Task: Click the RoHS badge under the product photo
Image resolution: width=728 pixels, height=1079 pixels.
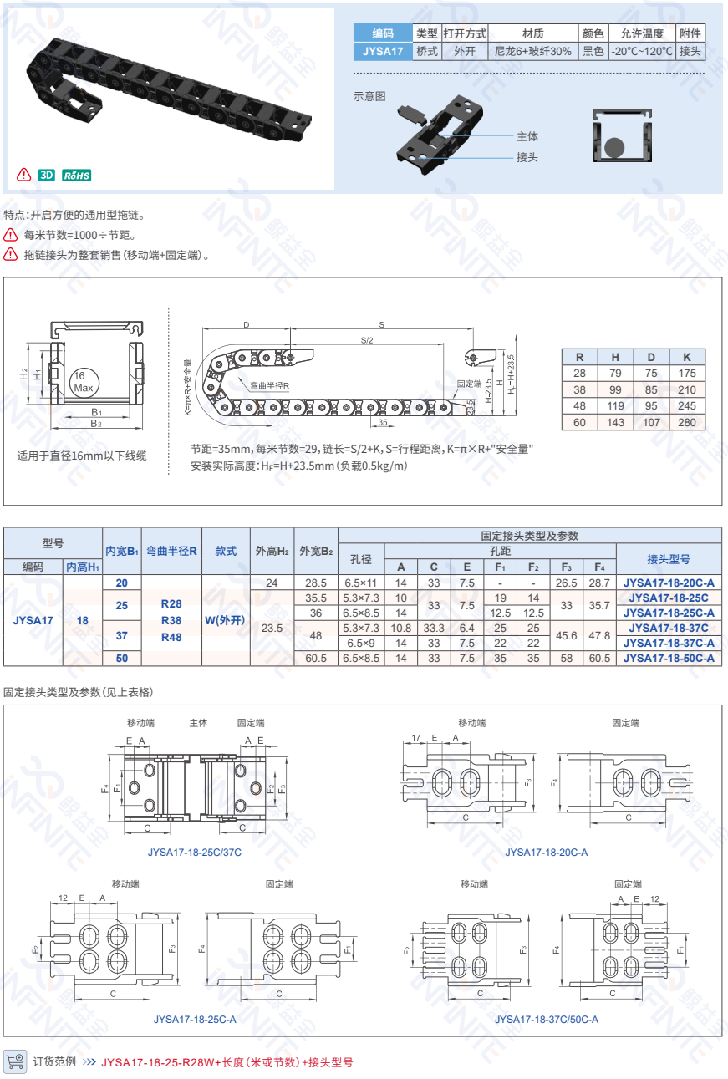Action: click(x=76, y=175)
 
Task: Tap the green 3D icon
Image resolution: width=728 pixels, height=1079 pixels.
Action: click(x=46, y=175)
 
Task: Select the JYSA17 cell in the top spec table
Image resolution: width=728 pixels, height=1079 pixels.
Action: click(x=383, y=51)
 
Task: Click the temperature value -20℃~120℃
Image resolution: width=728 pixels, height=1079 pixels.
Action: click(x=641, y=51)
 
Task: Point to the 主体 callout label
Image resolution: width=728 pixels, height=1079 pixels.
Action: click(x=527, y=136)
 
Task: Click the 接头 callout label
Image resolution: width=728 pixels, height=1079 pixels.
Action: click(x=527, y=156)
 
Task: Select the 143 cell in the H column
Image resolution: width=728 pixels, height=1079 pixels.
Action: click(x=616, y=422)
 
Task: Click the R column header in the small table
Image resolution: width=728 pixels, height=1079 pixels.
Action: click(x=580, y=356)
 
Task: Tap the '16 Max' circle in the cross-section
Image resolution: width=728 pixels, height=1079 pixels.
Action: click(x=83, y=382)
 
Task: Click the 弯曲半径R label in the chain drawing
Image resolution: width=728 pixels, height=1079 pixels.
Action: click(x=269, y=385)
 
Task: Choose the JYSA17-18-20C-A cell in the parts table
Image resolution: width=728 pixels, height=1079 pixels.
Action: click(x=669, y=583)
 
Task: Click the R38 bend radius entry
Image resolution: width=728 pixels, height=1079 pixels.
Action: click(x=171, y=620)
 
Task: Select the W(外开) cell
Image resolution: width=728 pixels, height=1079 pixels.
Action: click(x=226, y=620)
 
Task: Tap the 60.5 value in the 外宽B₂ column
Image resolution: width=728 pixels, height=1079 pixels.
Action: click(x=316, y=658)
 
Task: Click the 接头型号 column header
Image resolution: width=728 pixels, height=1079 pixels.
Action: click(x=669, y=559)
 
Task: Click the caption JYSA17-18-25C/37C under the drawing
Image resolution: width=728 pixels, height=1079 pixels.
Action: click(x=194, y=852)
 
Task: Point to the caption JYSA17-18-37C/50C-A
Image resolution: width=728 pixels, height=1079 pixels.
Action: click(x=546, y=1019)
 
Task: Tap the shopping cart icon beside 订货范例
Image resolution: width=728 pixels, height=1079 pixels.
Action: click(x=15, y=1061)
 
